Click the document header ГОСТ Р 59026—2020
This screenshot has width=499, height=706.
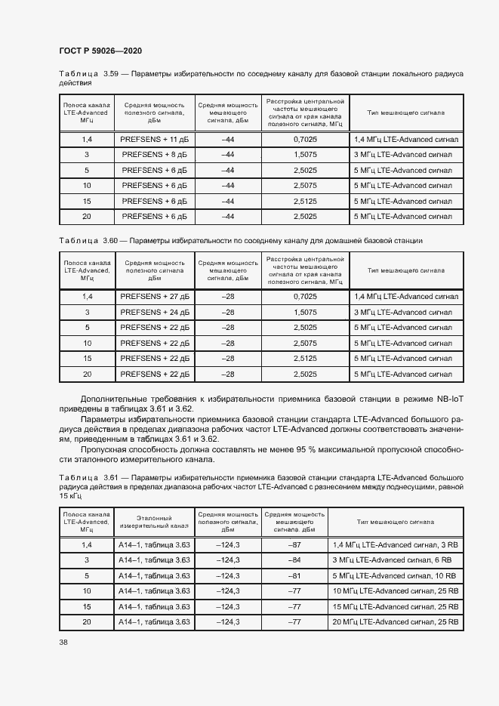click(x=100, y=51)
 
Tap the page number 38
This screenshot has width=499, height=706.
click(x=63, y=642)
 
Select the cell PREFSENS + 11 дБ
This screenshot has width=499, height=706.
click(x=153, y=140)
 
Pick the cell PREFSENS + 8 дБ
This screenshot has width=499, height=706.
click(x=153, y=155)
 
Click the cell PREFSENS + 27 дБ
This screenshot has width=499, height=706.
click(x=153, y=297)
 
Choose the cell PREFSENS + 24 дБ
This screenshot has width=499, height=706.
click(x=153, y=312)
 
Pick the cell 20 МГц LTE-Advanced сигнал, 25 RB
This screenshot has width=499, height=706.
click(x=395, y=621)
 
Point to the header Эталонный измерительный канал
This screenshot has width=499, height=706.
click(x=153, y=521)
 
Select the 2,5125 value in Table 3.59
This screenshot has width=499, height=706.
click(x=304, y=201)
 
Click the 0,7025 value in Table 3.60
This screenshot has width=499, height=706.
click(x=304, y=297)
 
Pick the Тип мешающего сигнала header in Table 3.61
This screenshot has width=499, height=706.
click(x=395, y=521)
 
